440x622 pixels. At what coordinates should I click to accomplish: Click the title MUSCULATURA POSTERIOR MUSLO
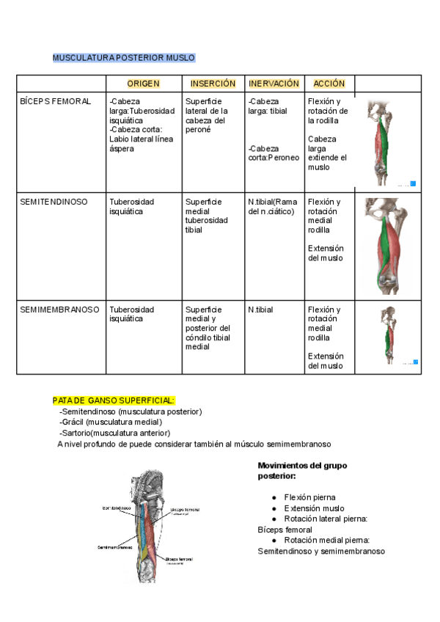coord(123,57)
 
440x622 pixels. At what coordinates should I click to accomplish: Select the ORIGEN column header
coord(143,84)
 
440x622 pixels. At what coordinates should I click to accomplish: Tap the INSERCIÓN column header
coord(213,84)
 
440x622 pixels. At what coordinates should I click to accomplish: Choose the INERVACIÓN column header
coord(274,84)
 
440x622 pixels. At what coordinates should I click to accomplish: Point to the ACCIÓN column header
coord(329,84)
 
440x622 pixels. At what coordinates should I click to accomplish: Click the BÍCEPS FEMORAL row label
coord(56,101)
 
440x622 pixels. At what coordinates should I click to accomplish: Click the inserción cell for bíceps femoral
coord(211,115)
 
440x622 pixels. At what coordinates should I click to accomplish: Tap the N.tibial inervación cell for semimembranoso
coord(261,310)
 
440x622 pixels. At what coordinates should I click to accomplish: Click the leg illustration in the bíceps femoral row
coord(389,142)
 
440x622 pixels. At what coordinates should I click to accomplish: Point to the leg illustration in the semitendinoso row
coord(389,246)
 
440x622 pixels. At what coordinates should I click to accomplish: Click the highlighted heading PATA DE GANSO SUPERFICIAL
coord(114,400)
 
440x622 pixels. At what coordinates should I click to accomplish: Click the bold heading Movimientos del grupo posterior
coord(302,470)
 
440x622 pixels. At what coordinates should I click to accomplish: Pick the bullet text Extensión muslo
coord(314,508)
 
